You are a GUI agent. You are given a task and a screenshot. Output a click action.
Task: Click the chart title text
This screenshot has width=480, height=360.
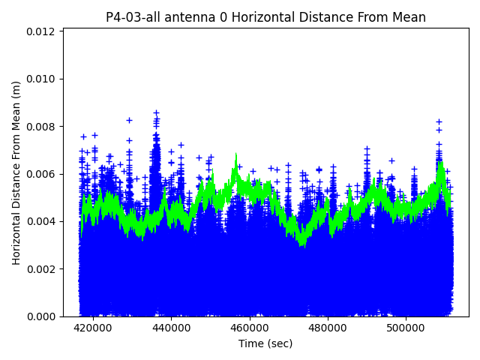pos(265,17)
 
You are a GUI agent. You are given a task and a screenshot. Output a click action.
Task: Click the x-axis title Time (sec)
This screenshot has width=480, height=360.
pos(265,343)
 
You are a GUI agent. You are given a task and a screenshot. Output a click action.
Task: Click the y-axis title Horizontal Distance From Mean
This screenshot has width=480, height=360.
pos(16,172)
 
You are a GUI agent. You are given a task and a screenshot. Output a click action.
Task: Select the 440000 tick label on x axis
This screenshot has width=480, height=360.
pos(171,328)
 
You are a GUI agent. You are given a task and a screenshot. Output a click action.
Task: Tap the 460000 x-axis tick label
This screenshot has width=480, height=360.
pos(250,328)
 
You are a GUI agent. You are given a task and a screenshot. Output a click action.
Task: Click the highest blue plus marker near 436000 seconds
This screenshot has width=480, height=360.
pos(156,112)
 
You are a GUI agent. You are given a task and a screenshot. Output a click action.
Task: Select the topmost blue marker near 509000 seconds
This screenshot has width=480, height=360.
pos(439,121)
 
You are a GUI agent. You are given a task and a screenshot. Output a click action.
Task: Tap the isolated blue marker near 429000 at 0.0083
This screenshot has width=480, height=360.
pos(129,120)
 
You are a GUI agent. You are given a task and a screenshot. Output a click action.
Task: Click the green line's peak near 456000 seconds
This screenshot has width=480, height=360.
pos(235,155)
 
